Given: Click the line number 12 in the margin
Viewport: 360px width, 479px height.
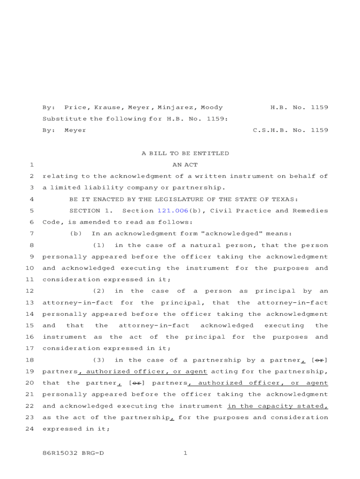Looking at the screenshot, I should [x=29, y=291].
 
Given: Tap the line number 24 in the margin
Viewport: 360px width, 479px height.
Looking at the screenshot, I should [x=29, y=429].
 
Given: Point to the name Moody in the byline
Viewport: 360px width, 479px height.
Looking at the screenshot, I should [x=212, y=108].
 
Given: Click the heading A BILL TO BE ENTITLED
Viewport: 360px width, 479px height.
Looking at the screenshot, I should [x=185, y=153].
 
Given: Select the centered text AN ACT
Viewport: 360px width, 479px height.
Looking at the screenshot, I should [x=185, y=165].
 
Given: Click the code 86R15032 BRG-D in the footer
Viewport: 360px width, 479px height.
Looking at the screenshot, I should [x=73, y=453].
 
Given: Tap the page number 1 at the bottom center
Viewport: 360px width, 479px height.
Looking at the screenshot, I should [x=185, y=453].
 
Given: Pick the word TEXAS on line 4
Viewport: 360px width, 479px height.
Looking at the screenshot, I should [x=287, y=200].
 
